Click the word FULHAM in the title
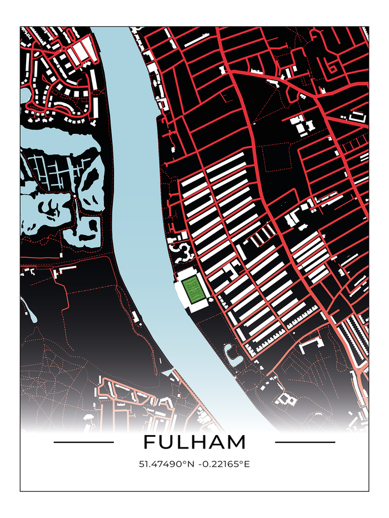pyautogui.click(x=194, y=442)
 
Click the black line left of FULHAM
pyautogui.click(x=83, y=442)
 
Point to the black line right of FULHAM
pyautogui.click(x=305, y=442)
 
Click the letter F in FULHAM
pyautogui.click(x=148, y=442)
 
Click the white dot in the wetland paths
pyautogui.click(x=74, y=196)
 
